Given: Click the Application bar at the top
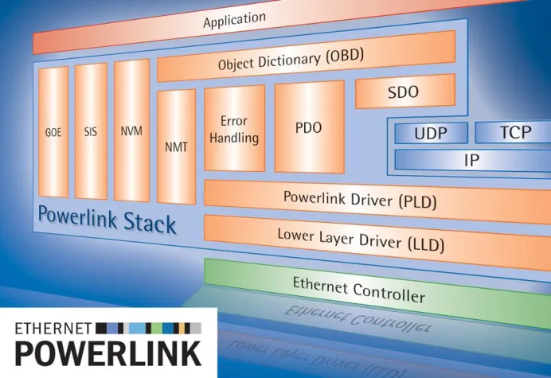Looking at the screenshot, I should [x=239, y=21].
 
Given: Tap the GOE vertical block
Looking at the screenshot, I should [x=53, y=132].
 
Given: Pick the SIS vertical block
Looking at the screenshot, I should [x=91, y=132].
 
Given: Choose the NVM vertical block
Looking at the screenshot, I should [x=131, y=132].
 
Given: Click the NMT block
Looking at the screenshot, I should [x=177, y=147].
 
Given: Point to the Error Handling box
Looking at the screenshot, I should [x=235, y=130].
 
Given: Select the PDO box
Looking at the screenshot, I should [x=309, y=127].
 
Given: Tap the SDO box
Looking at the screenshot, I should [x=403, y=93].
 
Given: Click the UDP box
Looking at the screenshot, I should [x=430, y=134].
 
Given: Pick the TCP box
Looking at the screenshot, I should [x=514, y=133].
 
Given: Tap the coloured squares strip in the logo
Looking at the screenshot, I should [x=147, y=327].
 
